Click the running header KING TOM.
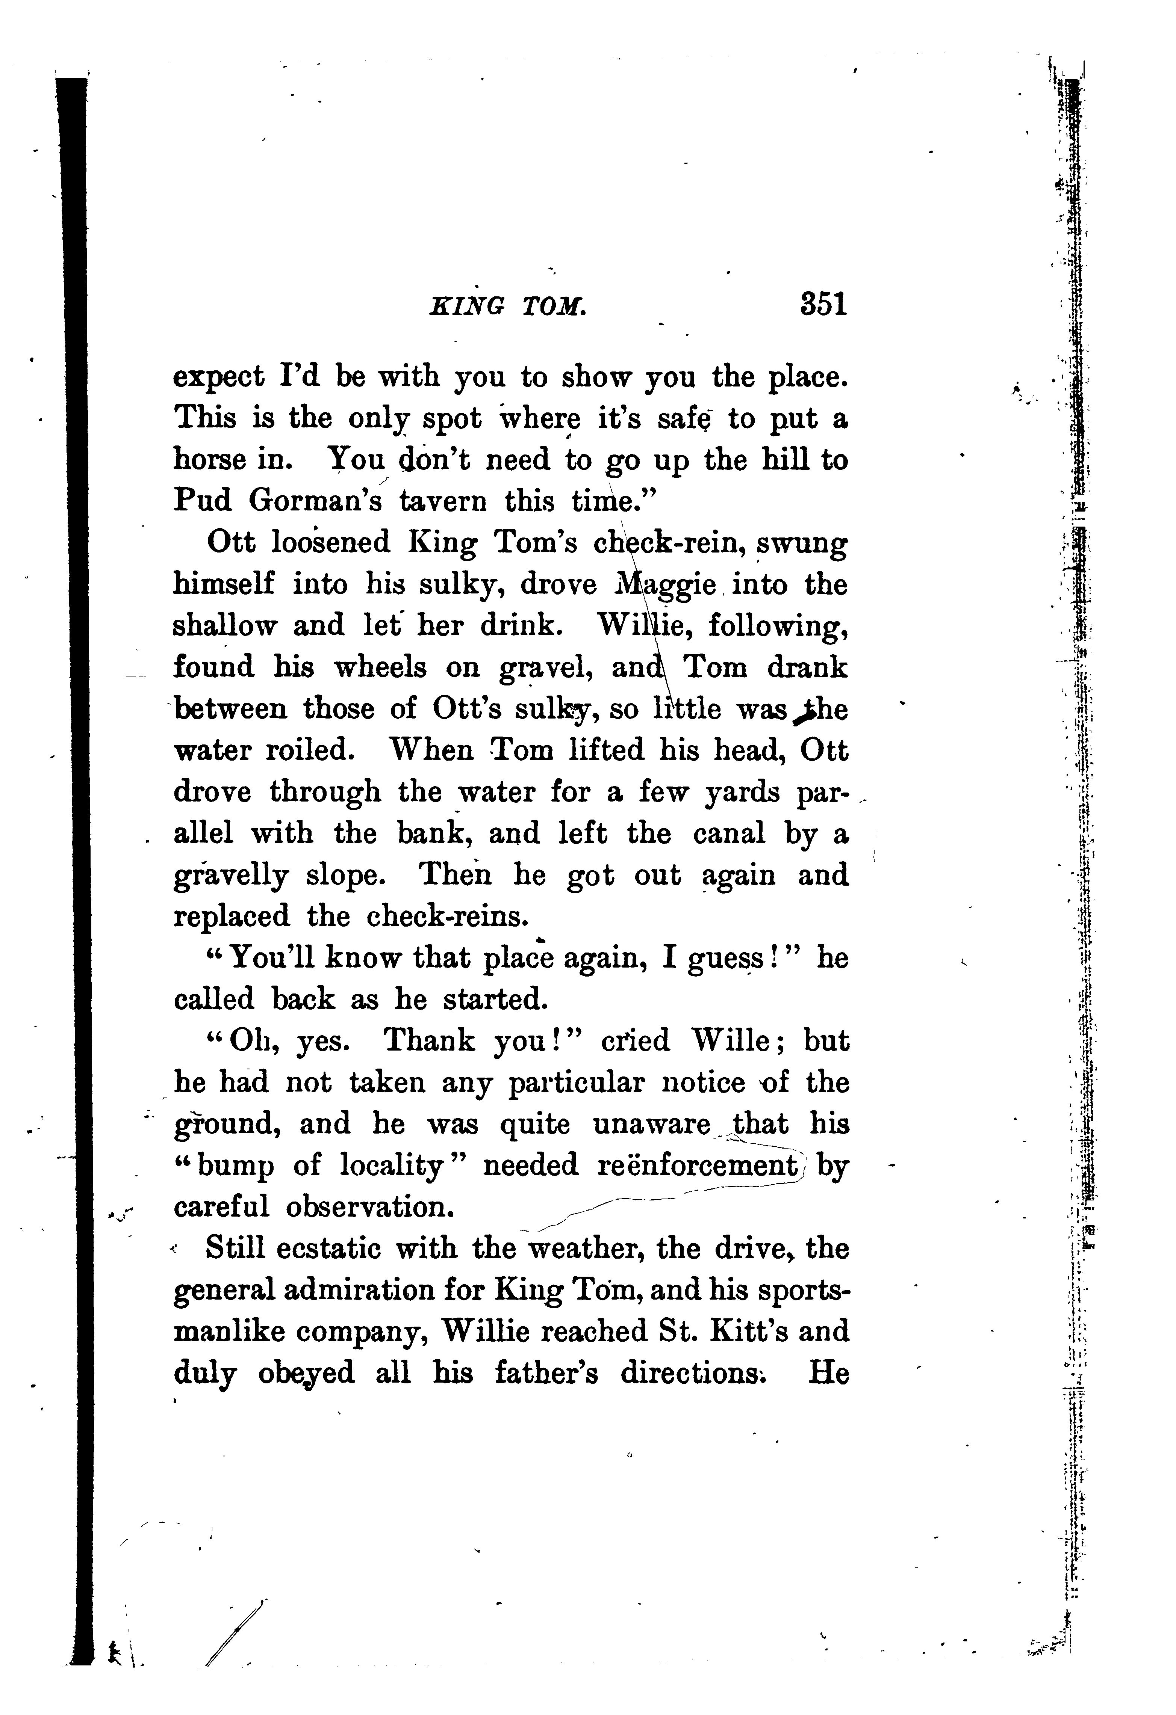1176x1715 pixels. click(508, 305)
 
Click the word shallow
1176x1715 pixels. click(225, 626)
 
